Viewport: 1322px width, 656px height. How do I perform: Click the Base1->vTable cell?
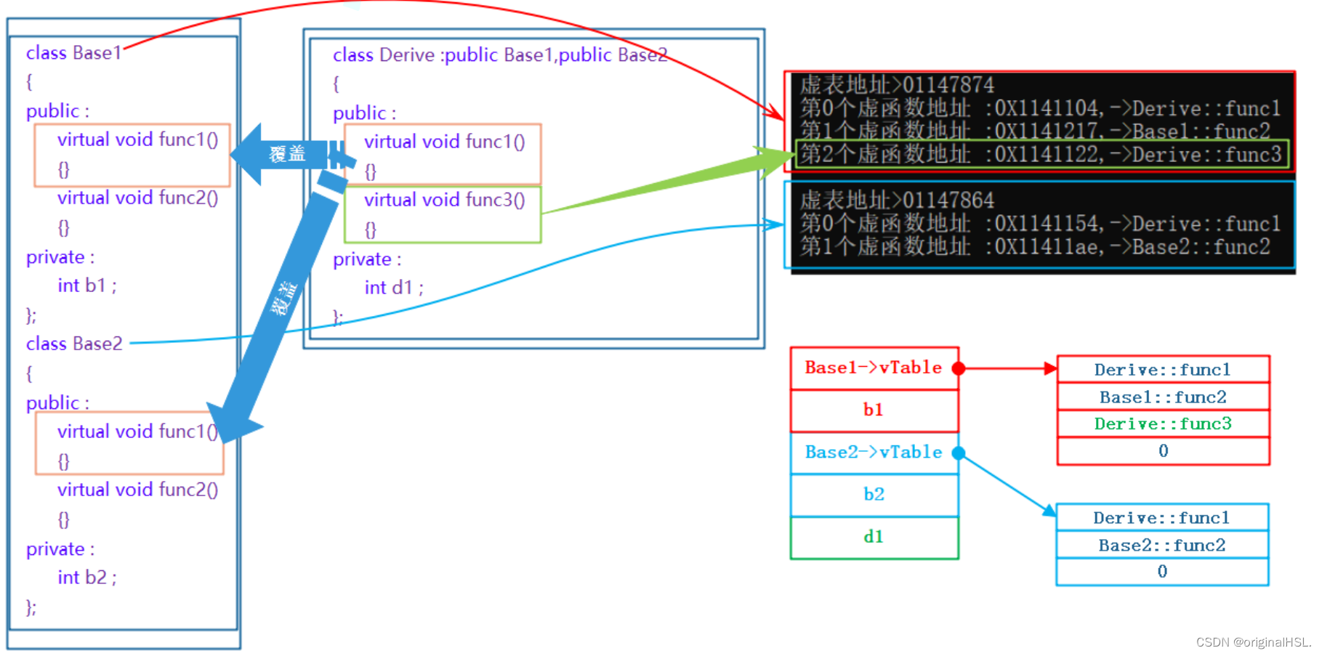[873, 368]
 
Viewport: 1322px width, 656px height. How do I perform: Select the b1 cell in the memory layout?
[873, 410]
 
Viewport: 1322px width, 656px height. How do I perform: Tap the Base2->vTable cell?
[873, 452]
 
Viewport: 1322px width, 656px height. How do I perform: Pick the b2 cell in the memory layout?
[873, 494]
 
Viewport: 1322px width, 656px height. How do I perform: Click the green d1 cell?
[873, 537]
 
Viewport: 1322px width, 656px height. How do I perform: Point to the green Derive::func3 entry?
[1162, 424]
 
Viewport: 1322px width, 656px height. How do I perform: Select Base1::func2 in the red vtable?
[1162, 397]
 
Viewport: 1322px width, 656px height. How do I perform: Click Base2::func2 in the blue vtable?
[1161, 545]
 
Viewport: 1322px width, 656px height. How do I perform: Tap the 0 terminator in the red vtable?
[1163, 450]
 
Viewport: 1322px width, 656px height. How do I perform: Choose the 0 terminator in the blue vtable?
[1161, 571]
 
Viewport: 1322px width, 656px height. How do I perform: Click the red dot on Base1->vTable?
[959, 368]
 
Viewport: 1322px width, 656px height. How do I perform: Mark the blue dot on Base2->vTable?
[959, 453]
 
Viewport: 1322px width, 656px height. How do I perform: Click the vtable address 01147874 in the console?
[948, 85]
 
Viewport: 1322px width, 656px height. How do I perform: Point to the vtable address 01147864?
[948, 200]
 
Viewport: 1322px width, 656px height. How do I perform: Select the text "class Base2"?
[74, 344]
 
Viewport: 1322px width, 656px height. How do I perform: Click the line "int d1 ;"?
[393, 288]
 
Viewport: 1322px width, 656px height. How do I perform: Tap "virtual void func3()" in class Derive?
[444, 200]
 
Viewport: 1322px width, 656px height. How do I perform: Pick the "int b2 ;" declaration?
[86, 578]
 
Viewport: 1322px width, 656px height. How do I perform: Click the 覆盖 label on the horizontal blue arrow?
[287, 154]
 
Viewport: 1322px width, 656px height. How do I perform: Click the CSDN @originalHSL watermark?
[1252, 642]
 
